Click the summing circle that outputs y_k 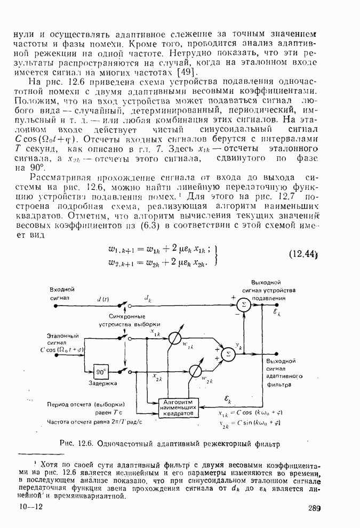tap(228, 353)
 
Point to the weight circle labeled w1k tap(174, 340)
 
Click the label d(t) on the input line tap(103, 300)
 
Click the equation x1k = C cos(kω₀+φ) tap(250, 413)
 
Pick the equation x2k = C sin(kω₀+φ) tap(250, 423)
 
